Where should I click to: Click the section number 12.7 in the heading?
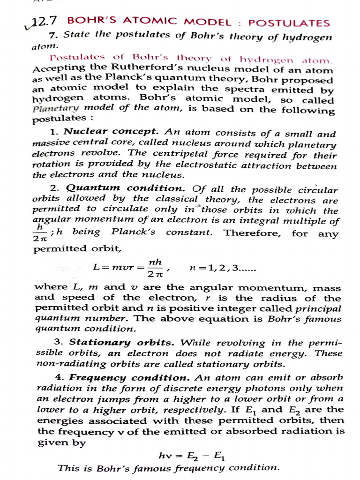[x=46, y=21]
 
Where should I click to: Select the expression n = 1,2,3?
[x=222, y=268]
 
